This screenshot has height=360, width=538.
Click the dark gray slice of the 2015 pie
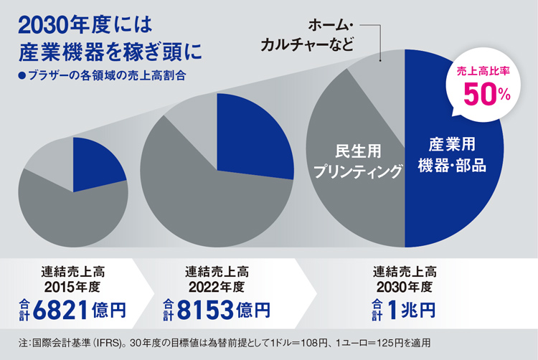[x=72, y=215]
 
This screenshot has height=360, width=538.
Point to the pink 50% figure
[x=486, y=93]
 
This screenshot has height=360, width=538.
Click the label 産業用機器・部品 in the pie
[x=453, y=154]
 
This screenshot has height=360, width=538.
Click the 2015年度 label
[x=72, y=286]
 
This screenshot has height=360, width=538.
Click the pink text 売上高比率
[x=486, y=72]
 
